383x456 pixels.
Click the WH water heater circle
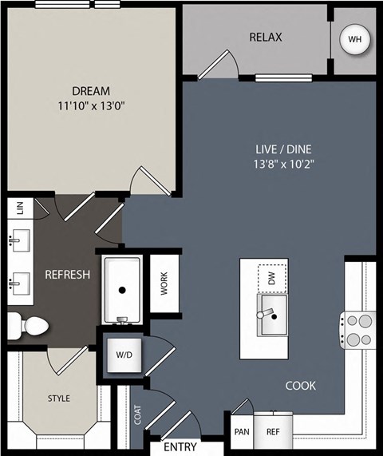(x=355, y=39)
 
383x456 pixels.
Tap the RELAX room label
(x=266, y=38)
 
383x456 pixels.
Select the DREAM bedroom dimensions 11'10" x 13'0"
(x=91, y=106)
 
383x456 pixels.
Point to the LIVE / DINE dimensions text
(x=284, y=165)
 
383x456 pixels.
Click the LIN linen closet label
(x=20, y=208)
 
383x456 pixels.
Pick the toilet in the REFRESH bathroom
(x=28, y=326)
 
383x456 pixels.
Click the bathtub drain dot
(x=122, y=290)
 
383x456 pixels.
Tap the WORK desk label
(x=164, y=284)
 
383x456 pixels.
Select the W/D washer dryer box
(x=124, y=355)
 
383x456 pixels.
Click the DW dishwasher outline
(x=272, y=278)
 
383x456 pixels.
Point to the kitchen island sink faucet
(x=265, y=313)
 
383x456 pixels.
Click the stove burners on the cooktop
(x=360, y=330)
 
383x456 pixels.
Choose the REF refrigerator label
(x=273, y=432)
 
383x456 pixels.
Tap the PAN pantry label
(x=242, y=432)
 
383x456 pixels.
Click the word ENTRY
(x=180, y=446)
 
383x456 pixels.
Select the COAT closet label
(x=138, y=415)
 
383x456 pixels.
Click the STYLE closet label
(x=59, y=399)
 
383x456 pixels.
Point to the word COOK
(x=301, y=386)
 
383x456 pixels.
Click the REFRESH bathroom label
(x=67, y=275)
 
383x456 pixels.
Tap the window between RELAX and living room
(x=283, y=77)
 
